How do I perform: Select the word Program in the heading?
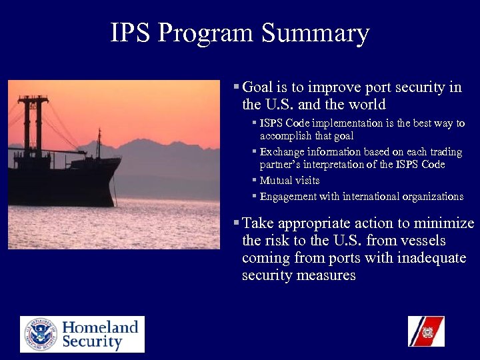click(209, 34)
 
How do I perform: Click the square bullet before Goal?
click(237, 87)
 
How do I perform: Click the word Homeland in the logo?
click(101, 327)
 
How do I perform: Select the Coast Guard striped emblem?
click(426, 331)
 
